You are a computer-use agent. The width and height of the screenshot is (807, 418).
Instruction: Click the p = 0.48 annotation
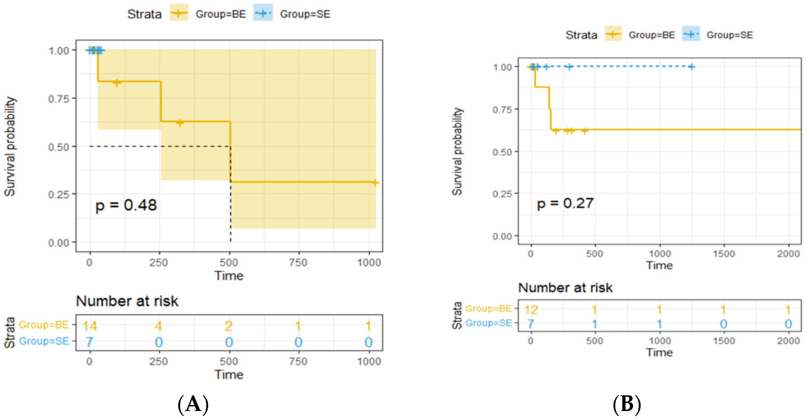click(x=126, y=205)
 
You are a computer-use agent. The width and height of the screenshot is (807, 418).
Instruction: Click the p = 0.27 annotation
click(x=565, y=203)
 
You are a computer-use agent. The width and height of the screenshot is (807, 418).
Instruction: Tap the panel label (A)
click(x=193, y=404)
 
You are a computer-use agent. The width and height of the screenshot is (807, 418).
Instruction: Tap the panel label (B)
click(x=627, y=404)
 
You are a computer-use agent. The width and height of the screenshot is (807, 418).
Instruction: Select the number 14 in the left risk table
click(x=90, y=326)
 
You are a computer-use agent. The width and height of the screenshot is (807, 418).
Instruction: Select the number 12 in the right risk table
click(x=531, y=310)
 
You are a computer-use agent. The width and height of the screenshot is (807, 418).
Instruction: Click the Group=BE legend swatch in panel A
click(x=179, y=13)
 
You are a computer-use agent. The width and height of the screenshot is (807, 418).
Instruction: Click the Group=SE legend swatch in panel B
click(x=691, y=34)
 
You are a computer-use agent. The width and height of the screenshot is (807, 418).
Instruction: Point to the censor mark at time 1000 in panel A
click(x=375, y=182)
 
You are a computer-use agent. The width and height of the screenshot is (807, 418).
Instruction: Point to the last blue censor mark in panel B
click(x=691, y=67)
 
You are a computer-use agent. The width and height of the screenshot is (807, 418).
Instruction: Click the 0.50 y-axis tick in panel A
click(x=59, y=147)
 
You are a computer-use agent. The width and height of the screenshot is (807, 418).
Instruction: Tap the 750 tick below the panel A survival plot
click(x=298, y=263)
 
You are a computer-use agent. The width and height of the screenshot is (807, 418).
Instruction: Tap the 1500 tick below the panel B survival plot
click(x=724, y=254)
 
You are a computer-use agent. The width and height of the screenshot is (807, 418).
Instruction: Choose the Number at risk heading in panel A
click(x=127, y=301)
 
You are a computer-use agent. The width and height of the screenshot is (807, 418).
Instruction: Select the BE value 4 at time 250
click(x=159, y=326)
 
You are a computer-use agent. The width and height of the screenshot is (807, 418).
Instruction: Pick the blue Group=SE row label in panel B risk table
click(x=488, y=323)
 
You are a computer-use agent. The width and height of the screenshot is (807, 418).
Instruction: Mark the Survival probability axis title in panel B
click(x=457, y=152)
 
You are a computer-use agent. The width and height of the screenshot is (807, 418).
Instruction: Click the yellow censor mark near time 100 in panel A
click(x=116, y=83)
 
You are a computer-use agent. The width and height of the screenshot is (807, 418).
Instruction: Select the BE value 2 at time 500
click(x=229, y=326)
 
